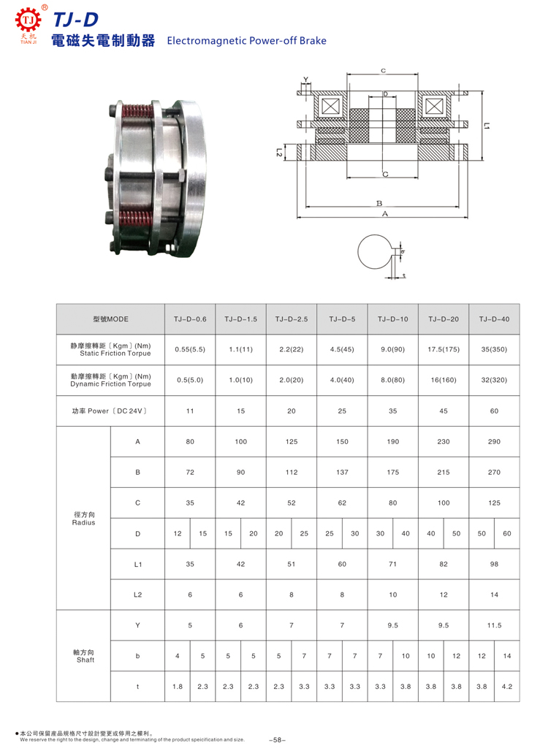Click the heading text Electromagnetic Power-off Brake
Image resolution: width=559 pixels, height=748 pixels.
pos(246,42)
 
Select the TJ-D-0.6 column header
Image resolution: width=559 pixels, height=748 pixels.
pos(190,319)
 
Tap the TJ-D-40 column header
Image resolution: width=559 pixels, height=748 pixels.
pos(494,319)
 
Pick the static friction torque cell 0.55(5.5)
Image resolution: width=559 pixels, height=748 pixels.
pos(190,350)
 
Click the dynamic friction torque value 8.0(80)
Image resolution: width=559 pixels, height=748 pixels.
pos(392,380)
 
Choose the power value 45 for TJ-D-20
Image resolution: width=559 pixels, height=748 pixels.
pos(444,411)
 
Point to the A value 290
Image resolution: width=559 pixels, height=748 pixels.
pos(494,442)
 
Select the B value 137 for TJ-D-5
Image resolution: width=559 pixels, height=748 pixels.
pos(342,473)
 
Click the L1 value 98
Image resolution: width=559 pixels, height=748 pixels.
pos(494,564)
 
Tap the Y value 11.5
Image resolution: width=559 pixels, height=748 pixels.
pos(494,625)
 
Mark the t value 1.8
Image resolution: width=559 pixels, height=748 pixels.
pos(178,687)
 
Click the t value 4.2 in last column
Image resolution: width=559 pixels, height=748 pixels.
pos(507,687)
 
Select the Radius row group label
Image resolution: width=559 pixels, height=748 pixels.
pos(83,519)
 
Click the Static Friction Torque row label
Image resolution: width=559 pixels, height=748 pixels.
pos(110,349)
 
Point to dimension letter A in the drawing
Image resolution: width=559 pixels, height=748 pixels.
pos(384,214)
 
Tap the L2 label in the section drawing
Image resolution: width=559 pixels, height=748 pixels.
pos(280,153)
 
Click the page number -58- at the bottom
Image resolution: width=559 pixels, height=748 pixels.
pos(278,740)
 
